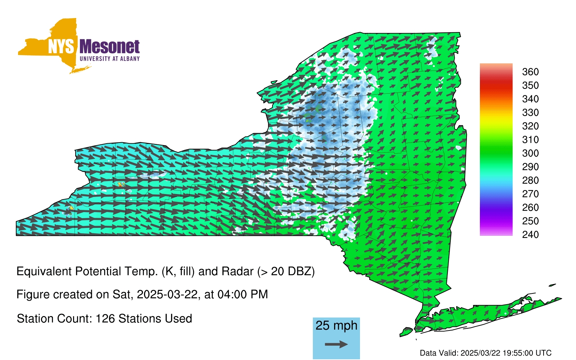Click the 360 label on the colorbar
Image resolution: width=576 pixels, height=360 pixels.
coord(530,72)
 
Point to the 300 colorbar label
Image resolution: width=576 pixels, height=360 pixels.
coord(530,153)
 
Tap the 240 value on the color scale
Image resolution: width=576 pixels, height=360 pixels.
coord(530,234)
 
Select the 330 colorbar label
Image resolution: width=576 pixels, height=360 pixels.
coord(530,112)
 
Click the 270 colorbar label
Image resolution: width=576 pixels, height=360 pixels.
coord(530,194)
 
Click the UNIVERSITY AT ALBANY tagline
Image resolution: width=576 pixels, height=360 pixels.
coord(109,59)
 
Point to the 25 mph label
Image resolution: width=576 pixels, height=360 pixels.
coord(336,326)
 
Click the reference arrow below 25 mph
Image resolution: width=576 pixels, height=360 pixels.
coord(336,344)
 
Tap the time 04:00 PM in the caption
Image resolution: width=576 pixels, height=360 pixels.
coord(243,294)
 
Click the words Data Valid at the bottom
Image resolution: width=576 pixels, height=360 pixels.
coord(439,353)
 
